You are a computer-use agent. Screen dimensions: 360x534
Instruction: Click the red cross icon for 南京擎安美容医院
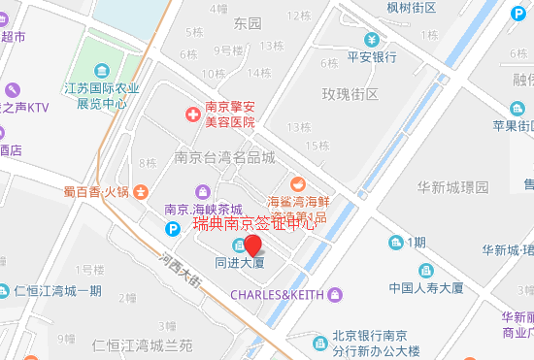click(191, 115)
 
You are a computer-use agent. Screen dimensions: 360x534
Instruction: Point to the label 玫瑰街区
click(350, 93)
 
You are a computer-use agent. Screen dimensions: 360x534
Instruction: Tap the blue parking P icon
click(173, 229)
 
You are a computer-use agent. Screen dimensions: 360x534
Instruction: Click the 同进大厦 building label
click(241, 262)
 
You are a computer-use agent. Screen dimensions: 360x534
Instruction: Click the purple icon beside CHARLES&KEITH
click(335, 294)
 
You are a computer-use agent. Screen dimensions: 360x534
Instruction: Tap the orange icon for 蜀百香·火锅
click(142, 191)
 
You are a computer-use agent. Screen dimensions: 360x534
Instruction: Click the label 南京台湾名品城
click(225, 157)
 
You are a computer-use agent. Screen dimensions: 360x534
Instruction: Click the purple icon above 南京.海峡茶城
click(202, 190)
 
